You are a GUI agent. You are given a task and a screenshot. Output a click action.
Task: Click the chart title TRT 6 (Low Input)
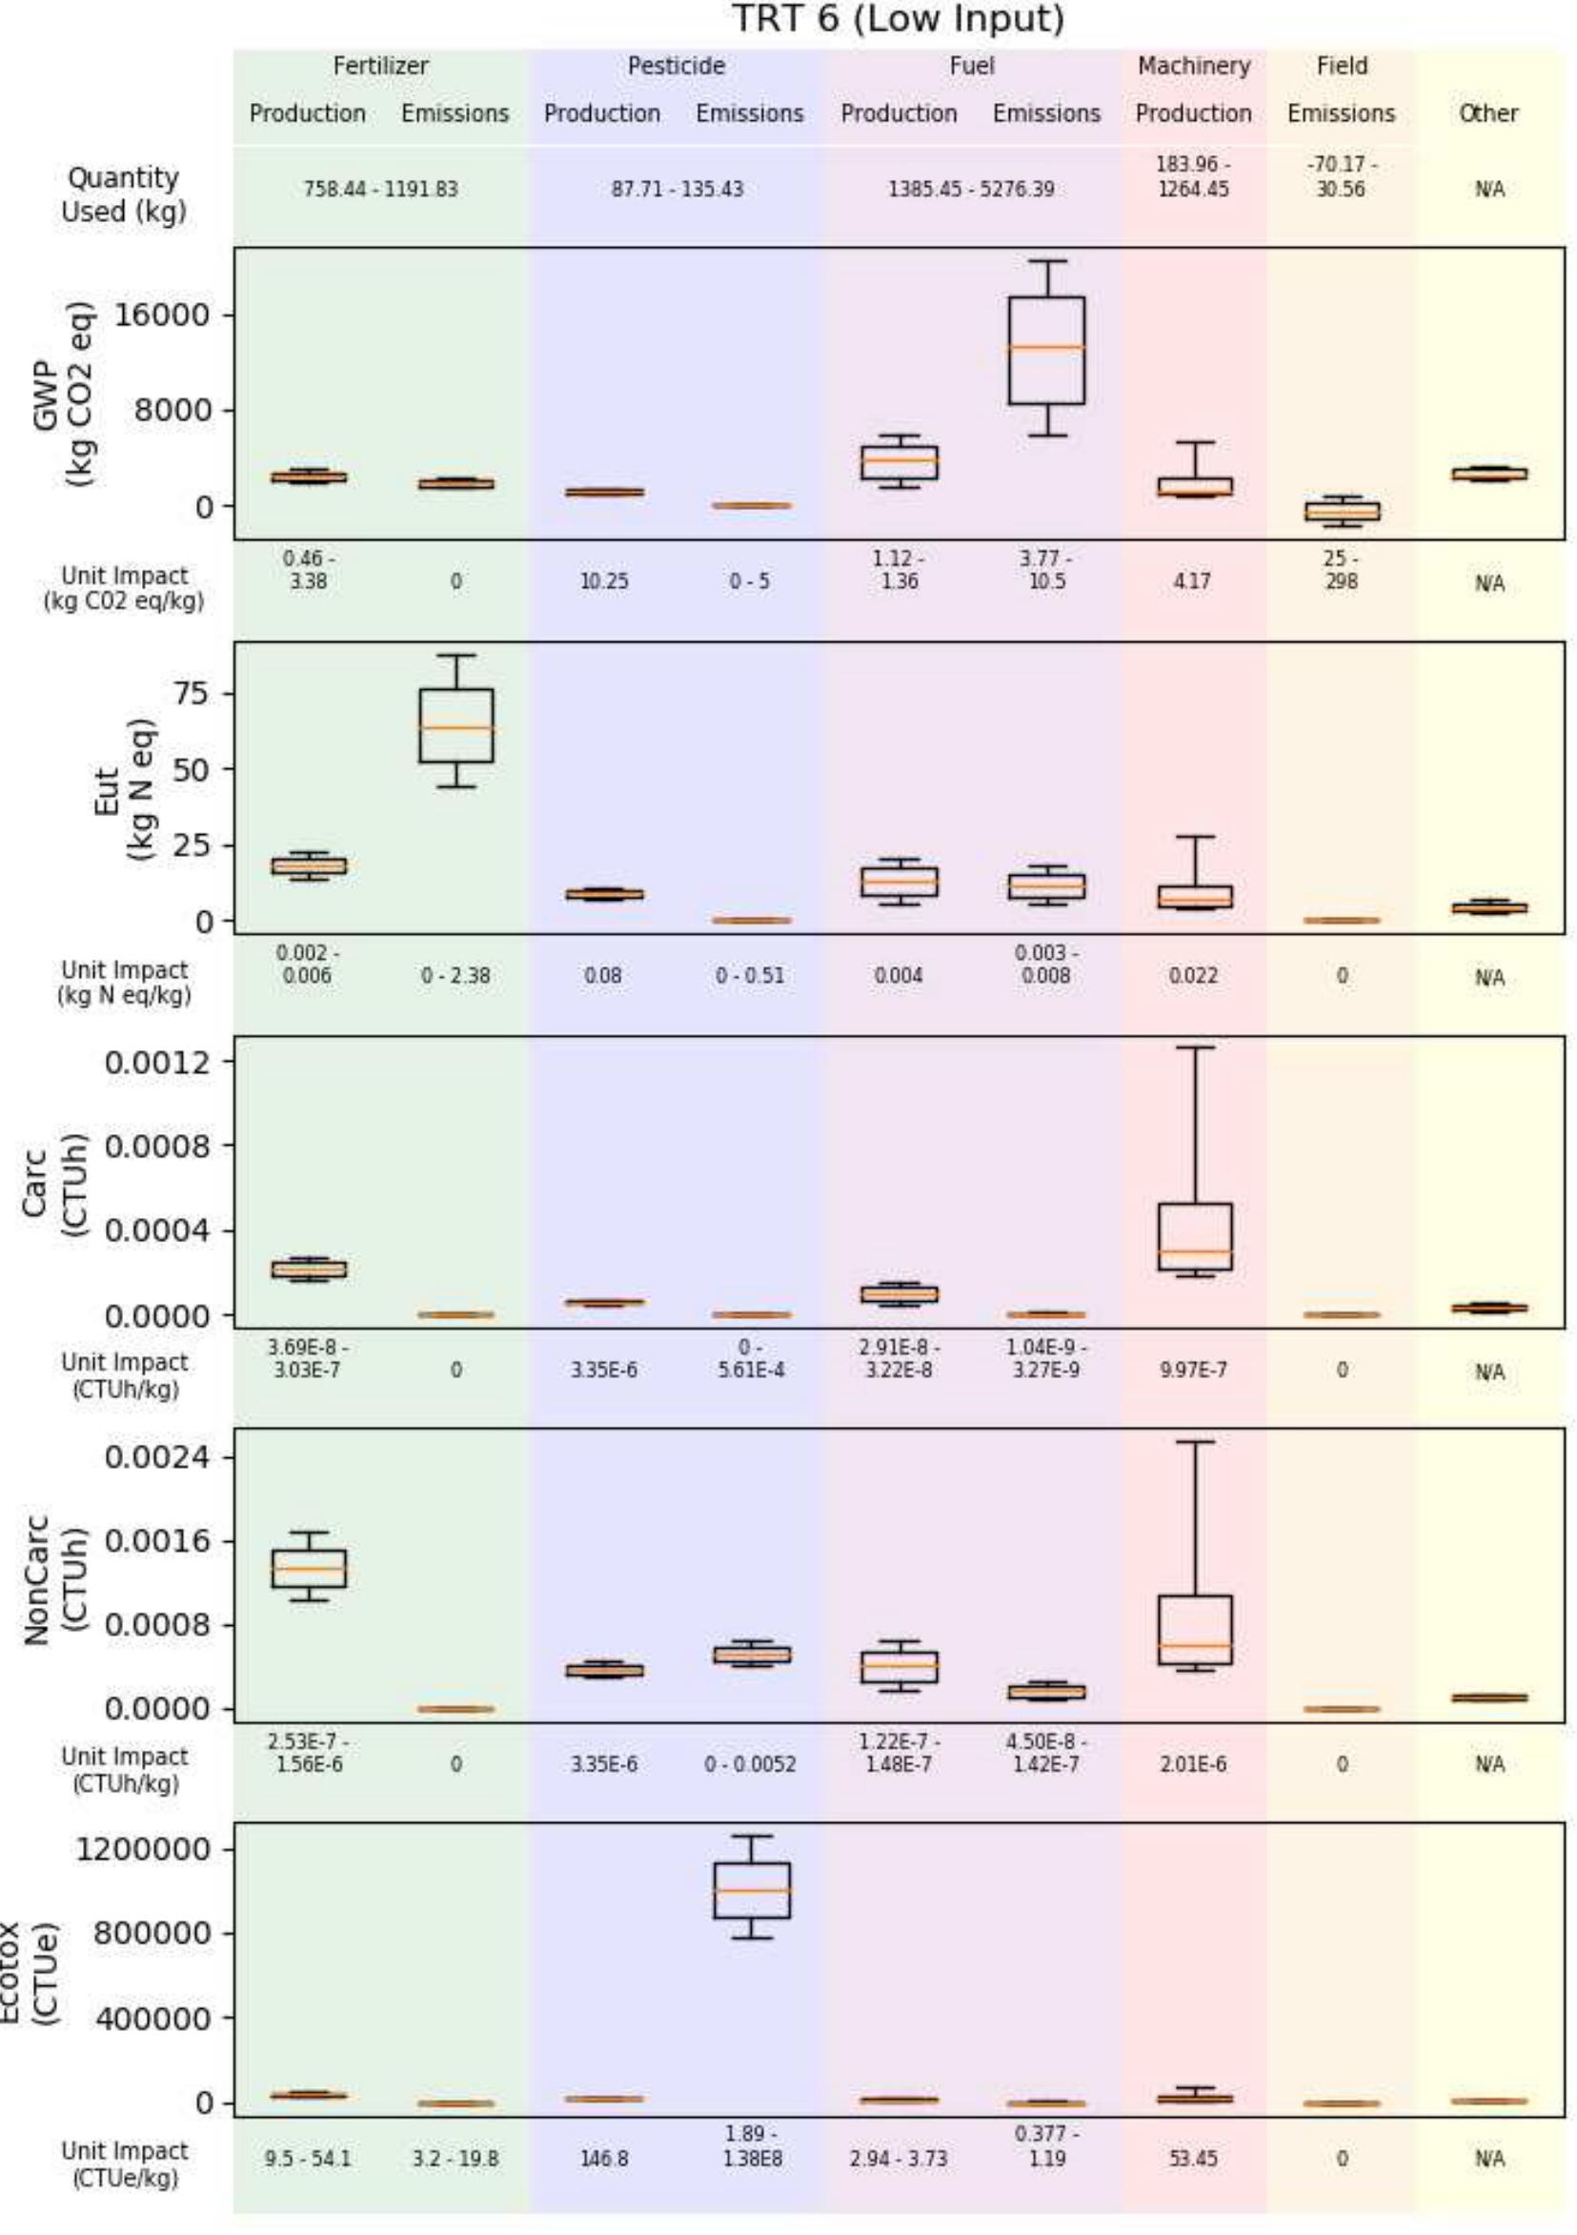[x=898, y=19]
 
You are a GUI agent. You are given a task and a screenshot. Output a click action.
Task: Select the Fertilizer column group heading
[x=380, y=66]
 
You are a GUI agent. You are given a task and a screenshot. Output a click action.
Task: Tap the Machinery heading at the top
[x=1193, y=66]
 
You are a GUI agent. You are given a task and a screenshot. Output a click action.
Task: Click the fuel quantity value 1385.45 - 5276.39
[x=971, y=189]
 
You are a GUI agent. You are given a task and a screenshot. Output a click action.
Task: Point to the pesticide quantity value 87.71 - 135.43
[x=677, y=189]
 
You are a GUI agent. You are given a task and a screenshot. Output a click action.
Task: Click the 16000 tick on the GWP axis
[x=163, y=315]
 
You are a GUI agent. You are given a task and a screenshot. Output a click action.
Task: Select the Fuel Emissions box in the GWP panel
[x=1046, y=351]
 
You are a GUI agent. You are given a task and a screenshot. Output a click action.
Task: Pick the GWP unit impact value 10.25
[x=603, y=582]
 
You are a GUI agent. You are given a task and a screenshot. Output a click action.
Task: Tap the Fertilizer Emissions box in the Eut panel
[x=455, y=725]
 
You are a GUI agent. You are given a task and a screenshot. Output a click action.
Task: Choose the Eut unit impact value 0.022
[x=1193, y=976]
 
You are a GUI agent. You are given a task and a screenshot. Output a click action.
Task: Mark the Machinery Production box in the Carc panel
[x=1195, y=1236]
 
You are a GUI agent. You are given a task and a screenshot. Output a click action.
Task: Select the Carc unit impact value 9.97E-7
[x=1193, y=1371]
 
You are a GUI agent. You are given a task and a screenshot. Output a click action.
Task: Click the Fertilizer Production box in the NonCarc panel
[x=309, y=1568]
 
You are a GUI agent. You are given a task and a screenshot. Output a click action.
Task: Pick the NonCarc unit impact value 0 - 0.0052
[x=750, y=1765]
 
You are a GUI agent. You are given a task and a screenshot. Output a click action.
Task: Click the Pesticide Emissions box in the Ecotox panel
[x=752, y=1890]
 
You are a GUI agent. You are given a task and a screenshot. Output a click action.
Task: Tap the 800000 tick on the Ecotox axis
[x=151, y=1932]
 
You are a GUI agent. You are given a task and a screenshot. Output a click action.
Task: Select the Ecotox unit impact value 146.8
[x=603, y=2159]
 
